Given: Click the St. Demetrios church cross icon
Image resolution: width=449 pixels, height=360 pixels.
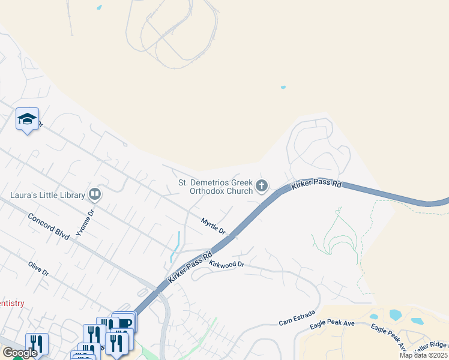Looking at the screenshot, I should click(x=261, y=186).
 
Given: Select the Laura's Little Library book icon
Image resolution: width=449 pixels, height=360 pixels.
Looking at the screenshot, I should click(x=94, y=194).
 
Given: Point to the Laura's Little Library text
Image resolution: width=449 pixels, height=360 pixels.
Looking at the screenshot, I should click(x=47, y=195).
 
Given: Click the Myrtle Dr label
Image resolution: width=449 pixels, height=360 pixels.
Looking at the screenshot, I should click(x=213, y=226).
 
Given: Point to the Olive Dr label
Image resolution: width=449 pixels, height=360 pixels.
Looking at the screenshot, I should click(x=38, y=268).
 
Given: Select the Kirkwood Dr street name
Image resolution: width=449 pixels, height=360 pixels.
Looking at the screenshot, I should click(x=227, y=263).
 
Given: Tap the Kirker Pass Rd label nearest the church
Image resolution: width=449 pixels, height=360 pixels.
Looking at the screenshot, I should click(x=316, y=184).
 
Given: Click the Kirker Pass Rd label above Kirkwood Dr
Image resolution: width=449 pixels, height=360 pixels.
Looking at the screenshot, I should click(x=191, y=266).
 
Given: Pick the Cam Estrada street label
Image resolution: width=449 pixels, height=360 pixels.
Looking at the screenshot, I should click(x=294, y=322).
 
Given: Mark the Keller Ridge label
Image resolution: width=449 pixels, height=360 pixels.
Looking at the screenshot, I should click(x=432, y=346).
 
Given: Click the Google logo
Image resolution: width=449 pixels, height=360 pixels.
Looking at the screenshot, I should click(x=19, y=353).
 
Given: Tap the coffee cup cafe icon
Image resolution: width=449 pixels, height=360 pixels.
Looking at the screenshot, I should click(x=125, y=323).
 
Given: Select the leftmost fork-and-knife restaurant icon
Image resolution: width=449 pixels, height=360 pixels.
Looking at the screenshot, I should click(x=36, y=344).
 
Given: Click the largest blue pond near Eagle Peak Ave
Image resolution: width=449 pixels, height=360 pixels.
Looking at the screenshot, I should click(x=395, y=314).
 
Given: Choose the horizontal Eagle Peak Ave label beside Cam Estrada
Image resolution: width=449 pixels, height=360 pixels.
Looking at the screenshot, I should click(x=333, y=325).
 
